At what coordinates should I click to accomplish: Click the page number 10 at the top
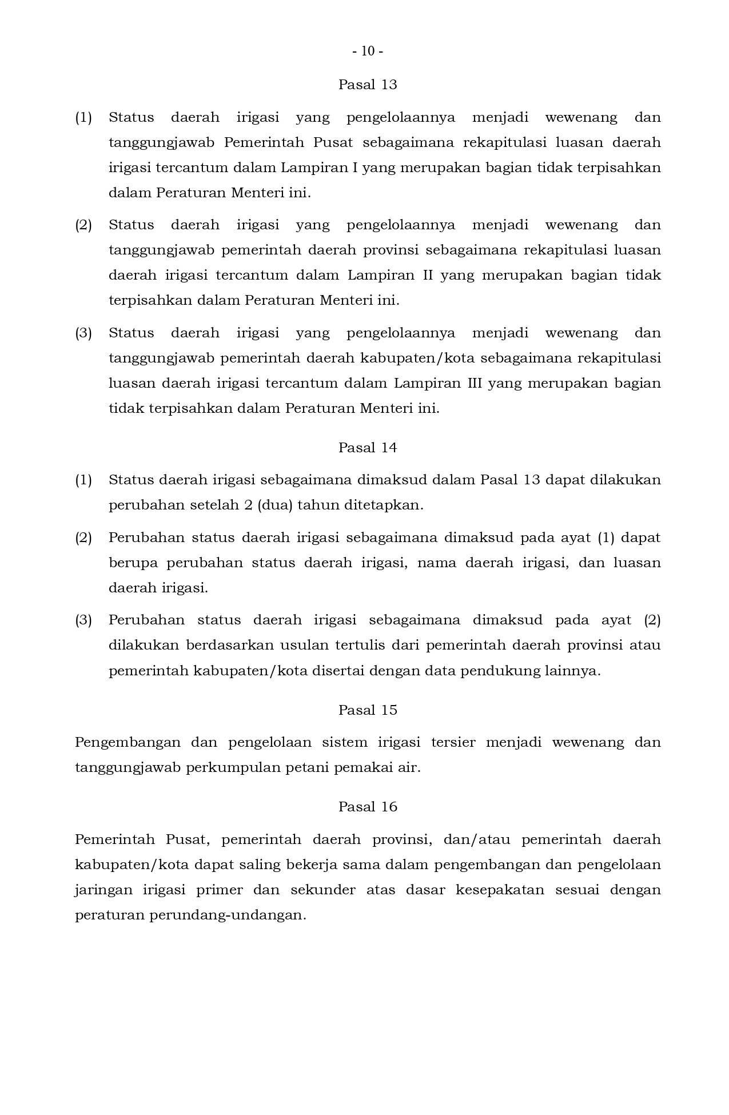368,51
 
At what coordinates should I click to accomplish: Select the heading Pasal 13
368,85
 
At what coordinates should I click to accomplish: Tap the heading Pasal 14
368,448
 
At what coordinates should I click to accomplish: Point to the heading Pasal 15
368,710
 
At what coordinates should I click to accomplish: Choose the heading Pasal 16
368,807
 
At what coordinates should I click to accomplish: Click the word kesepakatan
500,890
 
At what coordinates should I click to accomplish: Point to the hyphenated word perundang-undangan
228,915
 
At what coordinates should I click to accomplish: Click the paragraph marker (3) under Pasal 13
83,333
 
